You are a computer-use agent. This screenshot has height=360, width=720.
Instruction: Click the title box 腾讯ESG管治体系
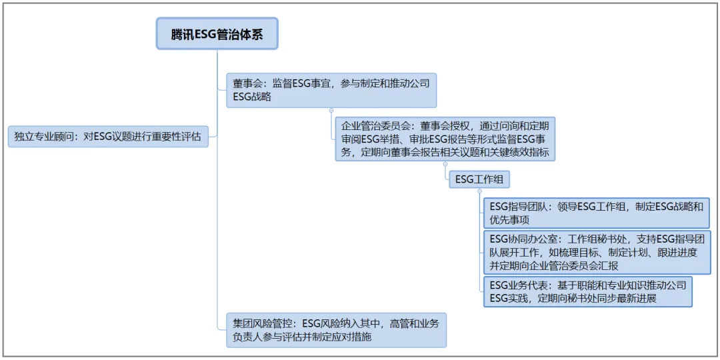click(217, 34)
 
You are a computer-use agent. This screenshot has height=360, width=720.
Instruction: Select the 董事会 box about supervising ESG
click(331, 90)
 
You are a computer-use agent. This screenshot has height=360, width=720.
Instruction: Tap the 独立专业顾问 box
click(108, 137)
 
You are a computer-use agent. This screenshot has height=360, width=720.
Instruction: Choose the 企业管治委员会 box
click(445, 139)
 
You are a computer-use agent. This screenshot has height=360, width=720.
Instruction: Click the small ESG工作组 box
click(479, 179)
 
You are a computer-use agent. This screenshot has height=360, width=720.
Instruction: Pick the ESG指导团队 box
click(596, 213)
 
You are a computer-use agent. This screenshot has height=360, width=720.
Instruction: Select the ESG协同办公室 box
click(596, 252)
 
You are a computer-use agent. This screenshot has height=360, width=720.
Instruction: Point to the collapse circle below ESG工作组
click(479, 191)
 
